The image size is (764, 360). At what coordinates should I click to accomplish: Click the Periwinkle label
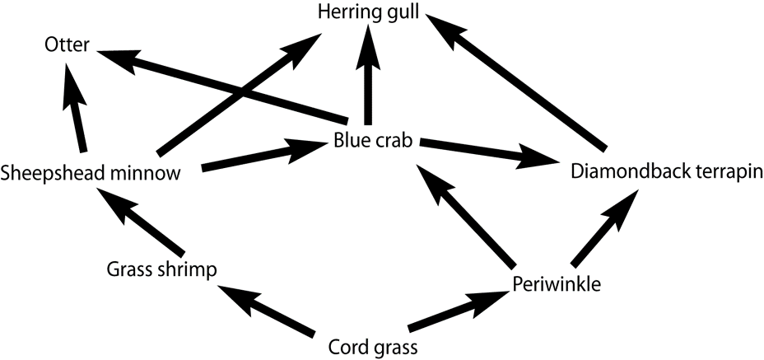pos(556,284)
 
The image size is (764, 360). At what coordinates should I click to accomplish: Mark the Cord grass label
pos(372,346)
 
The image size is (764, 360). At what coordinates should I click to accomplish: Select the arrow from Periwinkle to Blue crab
pos(465,215)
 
